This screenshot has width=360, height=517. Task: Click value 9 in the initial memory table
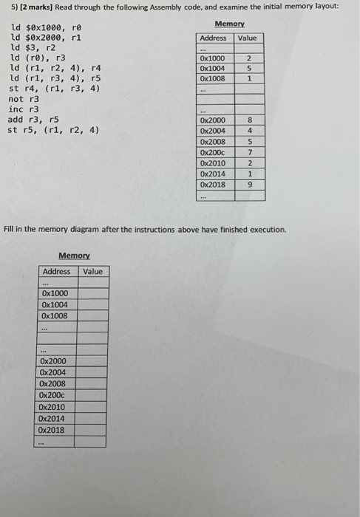click(x=250, y=185)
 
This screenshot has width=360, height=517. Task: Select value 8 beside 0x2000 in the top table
click(x=250, y=120)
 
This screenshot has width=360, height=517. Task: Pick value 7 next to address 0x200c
click(x=250, y=152)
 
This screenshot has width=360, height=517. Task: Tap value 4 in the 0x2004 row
click(x=250, y=131)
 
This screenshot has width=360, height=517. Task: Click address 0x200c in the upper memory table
click(x=213, y=152)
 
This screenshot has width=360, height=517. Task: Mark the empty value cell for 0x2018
click(x=92, y=429)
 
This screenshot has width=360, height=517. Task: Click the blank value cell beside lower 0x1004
click(x=92, y=304)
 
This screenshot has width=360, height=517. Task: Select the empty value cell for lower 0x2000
click(x=92, y=361)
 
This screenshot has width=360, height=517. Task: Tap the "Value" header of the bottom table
click(x=92, y=271)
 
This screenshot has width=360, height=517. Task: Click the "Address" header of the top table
click(x=213, y=38)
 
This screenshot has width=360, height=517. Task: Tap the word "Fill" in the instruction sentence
click(x=11, y=230)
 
